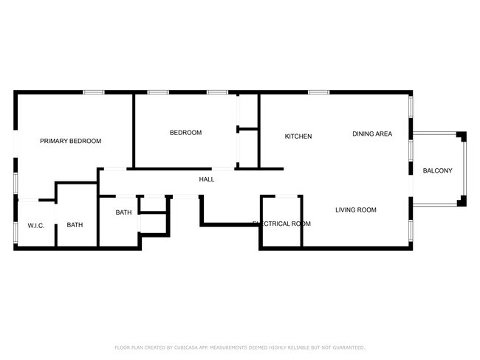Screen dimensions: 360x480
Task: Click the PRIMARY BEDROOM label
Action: pyautogui.click(x=70, y=141)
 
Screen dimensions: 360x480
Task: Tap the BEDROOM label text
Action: pyautogui.click(x=185, y=133)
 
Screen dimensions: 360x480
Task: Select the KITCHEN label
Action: pyautogui.click(x=298, y=136)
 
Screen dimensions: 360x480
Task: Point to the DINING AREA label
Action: pyautogui.click(x=371, y=134)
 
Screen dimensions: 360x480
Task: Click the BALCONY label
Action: pyautogui.click(x=437, y=171)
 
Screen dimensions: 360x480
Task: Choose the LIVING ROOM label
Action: pyautogui.click(x=356, y=210)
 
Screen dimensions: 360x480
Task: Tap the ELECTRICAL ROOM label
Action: pyautogui.click(x=281, y=224)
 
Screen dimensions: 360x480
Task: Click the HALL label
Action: pyautogui.click(x=207, y=179)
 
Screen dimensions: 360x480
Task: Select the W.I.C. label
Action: pyautogui.click(x=36, y=225)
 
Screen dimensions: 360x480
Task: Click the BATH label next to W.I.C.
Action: pyautogui.click(x=75, y=225)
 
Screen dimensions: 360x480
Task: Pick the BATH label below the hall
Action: pyautogui.click(x=123, y=212)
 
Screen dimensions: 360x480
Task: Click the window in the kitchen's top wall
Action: pyautogui.click(x=318, y=92)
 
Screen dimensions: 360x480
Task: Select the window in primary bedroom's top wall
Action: pyautogui.click(x=93, y=92)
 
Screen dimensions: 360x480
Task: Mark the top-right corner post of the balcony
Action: pyautogui.click(x=462, y=136)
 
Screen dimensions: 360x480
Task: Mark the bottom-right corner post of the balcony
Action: pyautogui.click(x=462, y=201)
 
